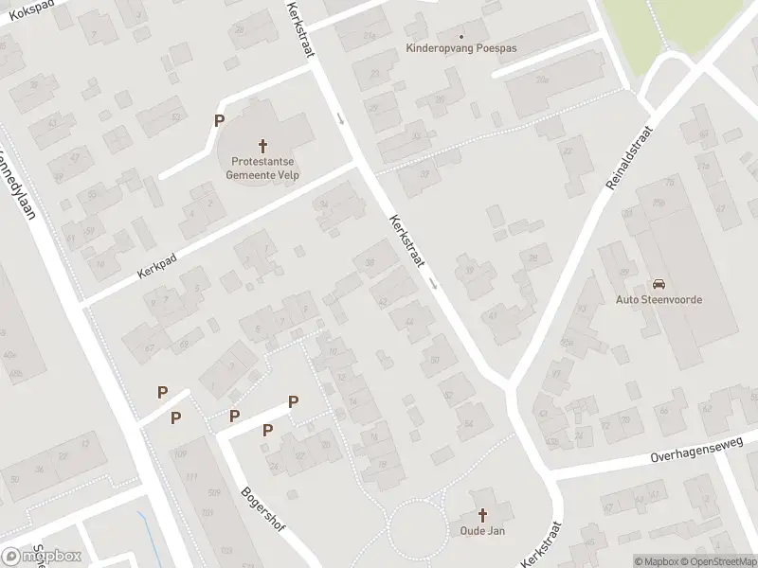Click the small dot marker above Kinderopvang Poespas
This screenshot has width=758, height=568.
[461, 35]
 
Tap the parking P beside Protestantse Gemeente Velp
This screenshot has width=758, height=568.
[220, 120]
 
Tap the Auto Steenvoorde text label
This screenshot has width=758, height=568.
[659, 301]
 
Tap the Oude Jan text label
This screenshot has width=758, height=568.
[482, 531]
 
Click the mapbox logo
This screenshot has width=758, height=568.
[42, 556]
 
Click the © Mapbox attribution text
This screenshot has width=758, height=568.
[659, 561]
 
